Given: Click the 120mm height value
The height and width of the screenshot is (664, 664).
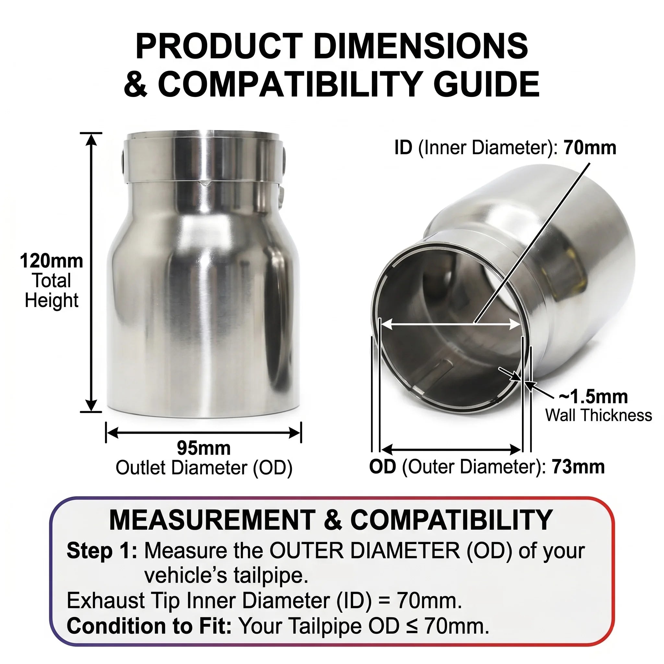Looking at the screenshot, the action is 52,261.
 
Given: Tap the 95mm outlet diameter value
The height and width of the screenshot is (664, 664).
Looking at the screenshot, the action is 204,448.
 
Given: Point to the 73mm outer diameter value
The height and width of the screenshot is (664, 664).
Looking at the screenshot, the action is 578,467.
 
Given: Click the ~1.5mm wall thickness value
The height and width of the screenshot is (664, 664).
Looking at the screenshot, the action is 593,397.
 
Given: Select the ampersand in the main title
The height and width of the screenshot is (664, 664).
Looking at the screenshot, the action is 136,84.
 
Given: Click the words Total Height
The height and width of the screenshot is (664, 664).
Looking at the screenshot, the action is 52,291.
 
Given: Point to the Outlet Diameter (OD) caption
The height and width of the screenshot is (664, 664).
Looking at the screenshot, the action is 204,468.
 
